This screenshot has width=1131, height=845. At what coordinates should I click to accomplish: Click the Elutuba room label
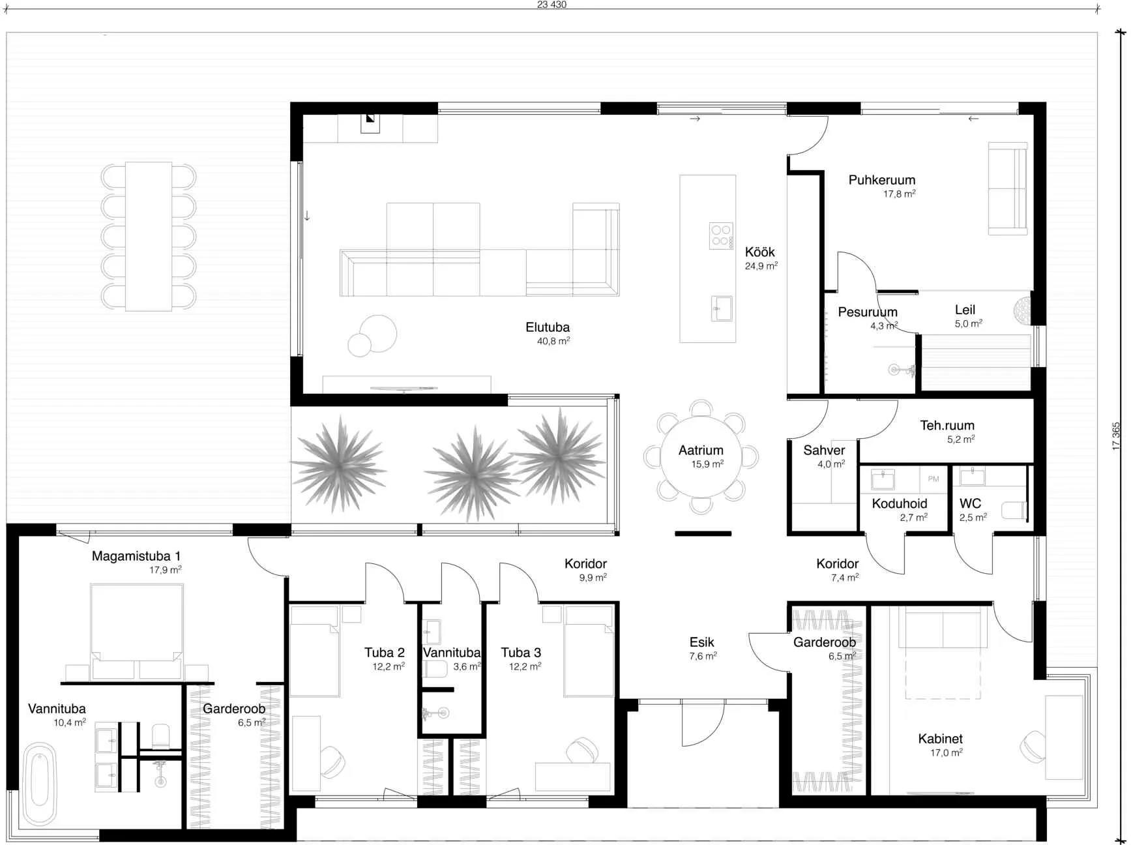point(548,327)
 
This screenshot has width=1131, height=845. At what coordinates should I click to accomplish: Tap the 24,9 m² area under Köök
point(761,266)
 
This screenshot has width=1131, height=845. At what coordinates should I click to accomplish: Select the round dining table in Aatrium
point(701,457)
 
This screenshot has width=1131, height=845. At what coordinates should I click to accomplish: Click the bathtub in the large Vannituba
point(40,784)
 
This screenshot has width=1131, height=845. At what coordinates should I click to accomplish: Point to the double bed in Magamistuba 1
point(136,631)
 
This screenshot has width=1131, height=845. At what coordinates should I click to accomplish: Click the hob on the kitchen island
point(721,236)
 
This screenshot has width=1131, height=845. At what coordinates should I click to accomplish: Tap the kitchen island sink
point(721,308)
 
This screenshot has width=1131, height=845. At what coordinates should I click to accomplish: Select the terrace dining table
point(149,236)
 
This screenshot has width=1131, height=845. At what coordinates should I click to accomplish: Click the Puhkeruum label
point(881,180)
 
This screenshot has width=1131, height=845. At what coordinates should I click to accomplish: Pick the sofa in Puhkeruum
point(1008,188)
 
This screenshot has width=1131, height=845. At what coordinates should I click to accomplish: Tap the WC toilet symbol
point(1014,510)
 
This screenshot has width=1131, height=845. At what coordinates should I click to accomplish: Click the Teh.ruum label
point(947,425)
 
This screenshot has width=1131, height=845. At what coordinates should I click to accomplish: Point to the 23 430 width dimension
point(551,5)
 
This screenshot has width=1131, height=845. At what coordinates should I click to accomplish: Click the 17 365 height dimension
point(1116,436)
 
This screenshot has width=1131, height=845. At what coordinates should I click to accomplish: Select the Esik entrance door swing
point(703,724)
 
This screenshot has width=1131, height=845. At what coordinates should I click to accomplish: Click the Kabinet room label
point(940,739)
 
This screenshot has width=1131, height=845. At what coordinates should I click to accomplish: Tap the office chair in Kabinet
point(1034,747)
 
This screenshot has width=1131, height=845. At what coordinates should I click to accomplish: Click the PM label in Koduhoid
point(933,479)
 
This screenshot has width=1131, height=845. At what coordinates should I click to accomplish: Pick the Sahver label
point(824,450)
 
